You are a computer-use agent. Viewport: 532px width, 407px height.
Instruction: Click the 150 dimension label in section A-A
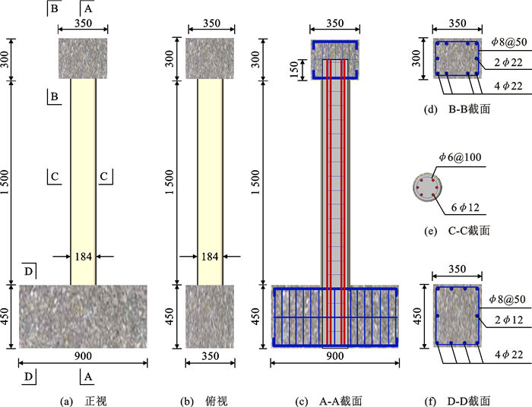click(x=294, y=69)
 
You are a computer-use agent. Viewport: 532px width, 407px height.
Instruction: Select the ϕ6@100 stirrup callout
click(x=461, y=157)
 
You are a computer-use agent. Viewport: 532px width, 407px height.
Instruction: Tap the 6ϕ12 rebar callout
click(x=465, y=207)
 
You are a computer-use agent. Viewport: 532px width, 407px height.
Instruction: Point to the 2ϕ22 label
click(x=508, y=62)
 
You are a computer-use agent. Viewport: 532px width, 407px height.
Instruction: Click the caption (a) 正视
click(x=84, y=401)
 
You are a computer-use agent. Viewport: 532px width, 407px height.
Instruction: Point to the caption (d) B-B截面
click(x=457, y=109)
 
